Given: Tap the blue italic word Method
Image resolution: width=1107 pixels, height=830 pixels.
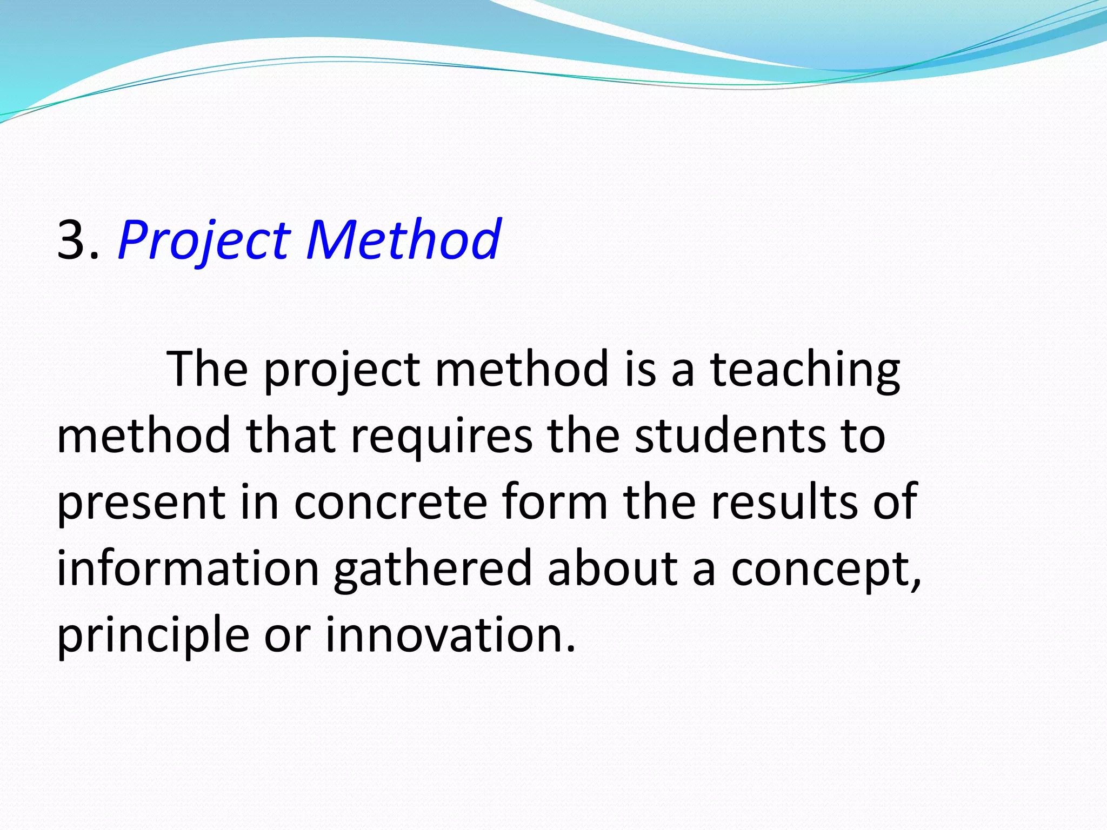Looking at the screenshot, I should coord(403,239).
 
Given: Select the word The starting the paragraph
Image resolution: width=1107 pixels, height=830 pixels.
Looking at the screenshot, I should coord(208,369).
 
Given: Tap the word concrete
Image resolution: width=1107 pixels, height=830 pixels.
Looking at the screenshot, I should coord(391,503).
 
